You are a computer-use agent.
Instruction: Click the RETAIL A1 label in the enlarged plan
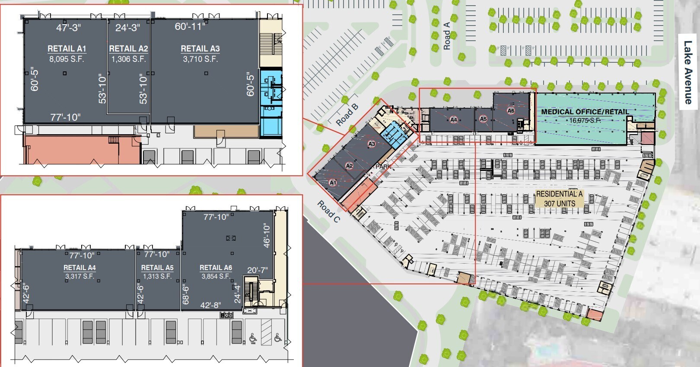coord(67,48)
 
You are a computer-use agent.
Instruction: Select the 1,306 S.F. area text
coord(129,59)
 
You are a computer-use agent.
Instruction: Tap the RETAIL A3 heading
coord(200,48)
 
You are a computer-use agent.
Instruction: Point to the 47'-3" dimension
coord(68,28)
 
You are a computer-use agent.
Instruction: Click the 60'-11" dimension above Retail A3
coord(190,26)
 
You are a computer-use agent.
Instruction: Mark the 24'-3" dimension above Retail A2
coord(127,28)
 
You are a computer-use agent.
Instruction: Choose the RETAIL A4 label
coord(80,267)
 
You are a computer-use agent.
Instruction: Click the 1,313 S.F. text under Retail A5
coord(157,276)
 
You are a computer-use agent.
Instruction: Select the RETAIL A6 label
coord(216,267)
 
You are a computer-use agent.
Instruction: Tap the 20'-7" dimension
coord(258,270)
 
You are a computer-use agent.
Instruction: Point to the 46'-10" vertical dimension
coord(267,236)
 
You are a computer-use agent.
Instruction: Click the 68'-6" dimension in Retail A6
coord(186,294)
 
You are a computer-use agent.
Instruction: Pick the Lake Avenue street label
coord(688,72)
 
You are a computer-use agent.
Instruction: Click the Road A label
coord(447,36)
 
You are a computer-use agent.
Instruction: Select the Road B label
coord(347,115)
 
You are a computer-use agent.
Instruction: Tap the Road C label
coord(329,211)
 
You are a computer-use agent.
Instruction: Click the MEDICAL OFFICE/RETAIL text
coord(585,112)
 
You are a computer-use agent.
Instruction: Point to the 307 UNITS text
coord(560,203)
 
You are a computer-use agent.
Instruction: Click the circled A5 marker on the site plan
coord(483,119)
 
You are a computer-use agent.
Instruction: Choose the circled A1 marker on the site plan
coord(333,183)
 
